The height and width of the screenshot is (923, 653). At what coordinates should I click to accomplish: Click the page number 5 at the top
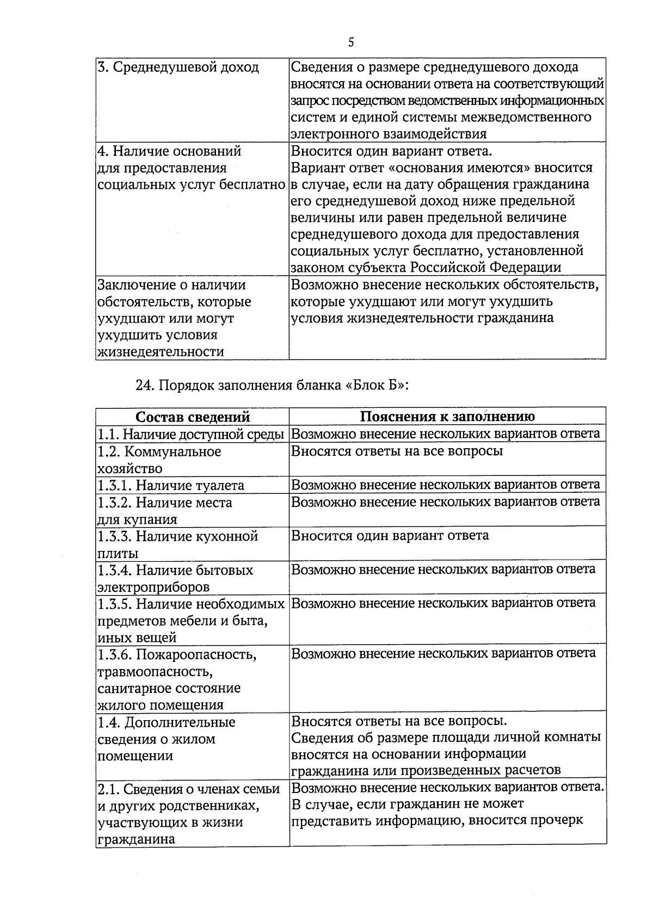[350, 42]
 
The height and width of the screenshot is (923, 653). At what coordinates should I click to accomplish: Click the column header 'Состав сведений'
[192, 417]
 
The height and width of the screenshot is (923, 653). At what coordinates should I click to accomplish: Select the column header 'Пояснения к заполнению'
[447, 417]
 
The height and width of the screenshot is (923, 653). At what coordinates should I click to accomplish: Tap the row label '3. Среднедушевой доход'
[178, 68]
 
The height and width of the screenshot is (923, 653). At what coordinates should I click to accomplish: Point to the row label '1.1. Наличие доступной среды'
[190, 435]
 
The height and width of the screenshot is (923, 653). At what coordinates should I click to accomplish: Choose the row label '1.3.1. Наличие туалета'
[171, 485]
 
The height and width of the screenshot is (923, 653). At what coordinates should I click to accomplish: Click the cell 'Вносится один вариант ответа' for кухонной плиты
[390, 536]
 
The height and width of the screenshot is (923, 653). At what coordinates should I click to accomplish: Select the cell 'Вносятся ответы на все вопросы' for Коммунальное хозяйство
[397, 451]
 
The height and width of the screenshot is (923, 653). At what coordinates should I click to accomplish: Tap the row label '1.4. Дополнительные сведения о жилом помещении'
[167, 739]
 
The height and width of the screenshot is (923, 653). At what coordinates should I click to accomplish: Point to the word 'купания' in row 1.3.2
[149, 519]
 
